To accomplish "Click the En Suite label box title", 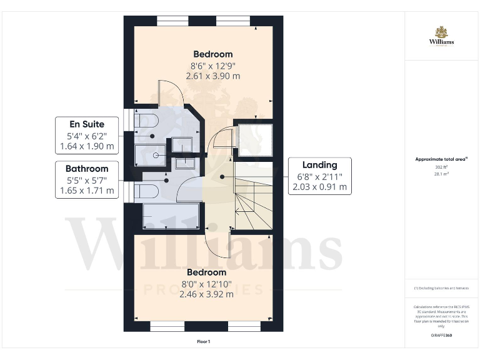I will [x=87, y=124].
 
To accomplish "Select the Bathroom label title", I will [x=87, y=168].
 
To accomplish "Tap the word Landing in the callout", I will [x=319, y=165].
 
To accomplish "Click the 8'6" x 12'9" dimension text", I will [x=212, y=65].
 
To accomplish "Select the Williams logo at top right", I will [x=441, y=36].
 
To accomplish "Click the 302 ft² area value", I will [x=441, y=167].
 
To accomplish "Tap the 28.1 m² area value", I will [x=441, y=174].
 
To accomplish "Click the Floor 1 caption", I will [x=203, y=342].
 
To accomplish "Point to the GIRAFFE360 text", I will [x=441, y=336].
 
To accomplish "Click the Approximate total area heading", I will [x=441, y=159].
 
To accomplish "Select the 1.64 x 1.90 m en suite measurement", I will [x=87, y=146].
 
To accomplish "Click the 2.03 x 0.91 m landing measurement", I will [x=319, y=187].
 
